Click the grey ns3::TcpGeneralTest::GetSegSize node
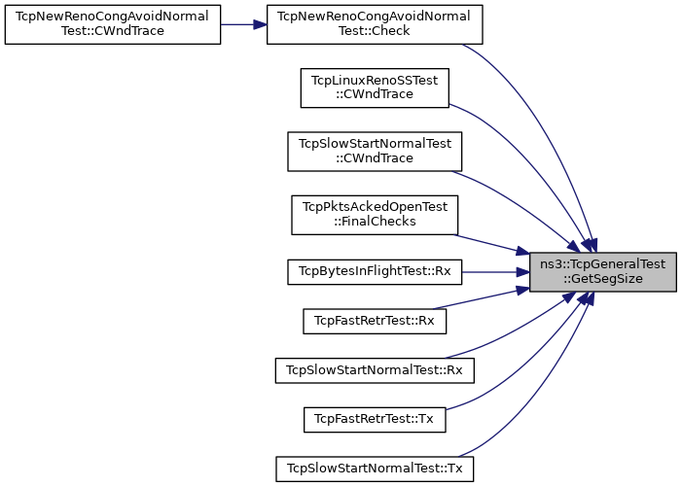click(603, 272)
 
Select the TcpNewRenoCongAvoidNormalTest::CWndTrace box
click(113, 24)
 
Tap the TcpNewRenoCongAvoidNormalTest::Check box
click(375, 24)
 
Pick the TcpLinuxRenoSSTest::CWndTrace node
click(375, 87)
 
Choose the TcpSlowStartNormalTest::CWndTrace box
click(375, 152)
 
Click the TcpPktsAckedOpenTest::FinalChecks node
click(375, 215)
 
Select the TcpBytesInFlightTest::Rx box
click(375, 272)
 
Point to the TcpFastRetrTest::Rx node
click(375, 321)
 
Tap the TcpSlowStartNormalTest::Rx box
click(375, 370)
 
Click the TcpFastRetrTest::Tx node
click(375, 419)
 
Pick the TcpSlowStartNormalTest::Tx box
click(375, 469)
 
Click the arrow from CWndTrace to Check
click(243, 24)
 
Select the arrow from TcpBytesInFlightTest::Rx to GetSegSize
click(495, 272)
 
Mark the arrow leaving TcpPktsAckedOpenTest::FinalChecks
click(492, 244)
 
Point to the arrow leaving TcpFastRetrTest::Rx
click(482, 298)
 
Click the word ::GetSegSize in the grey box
click(603, 278)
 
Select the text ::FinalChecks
click(375, 222)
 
